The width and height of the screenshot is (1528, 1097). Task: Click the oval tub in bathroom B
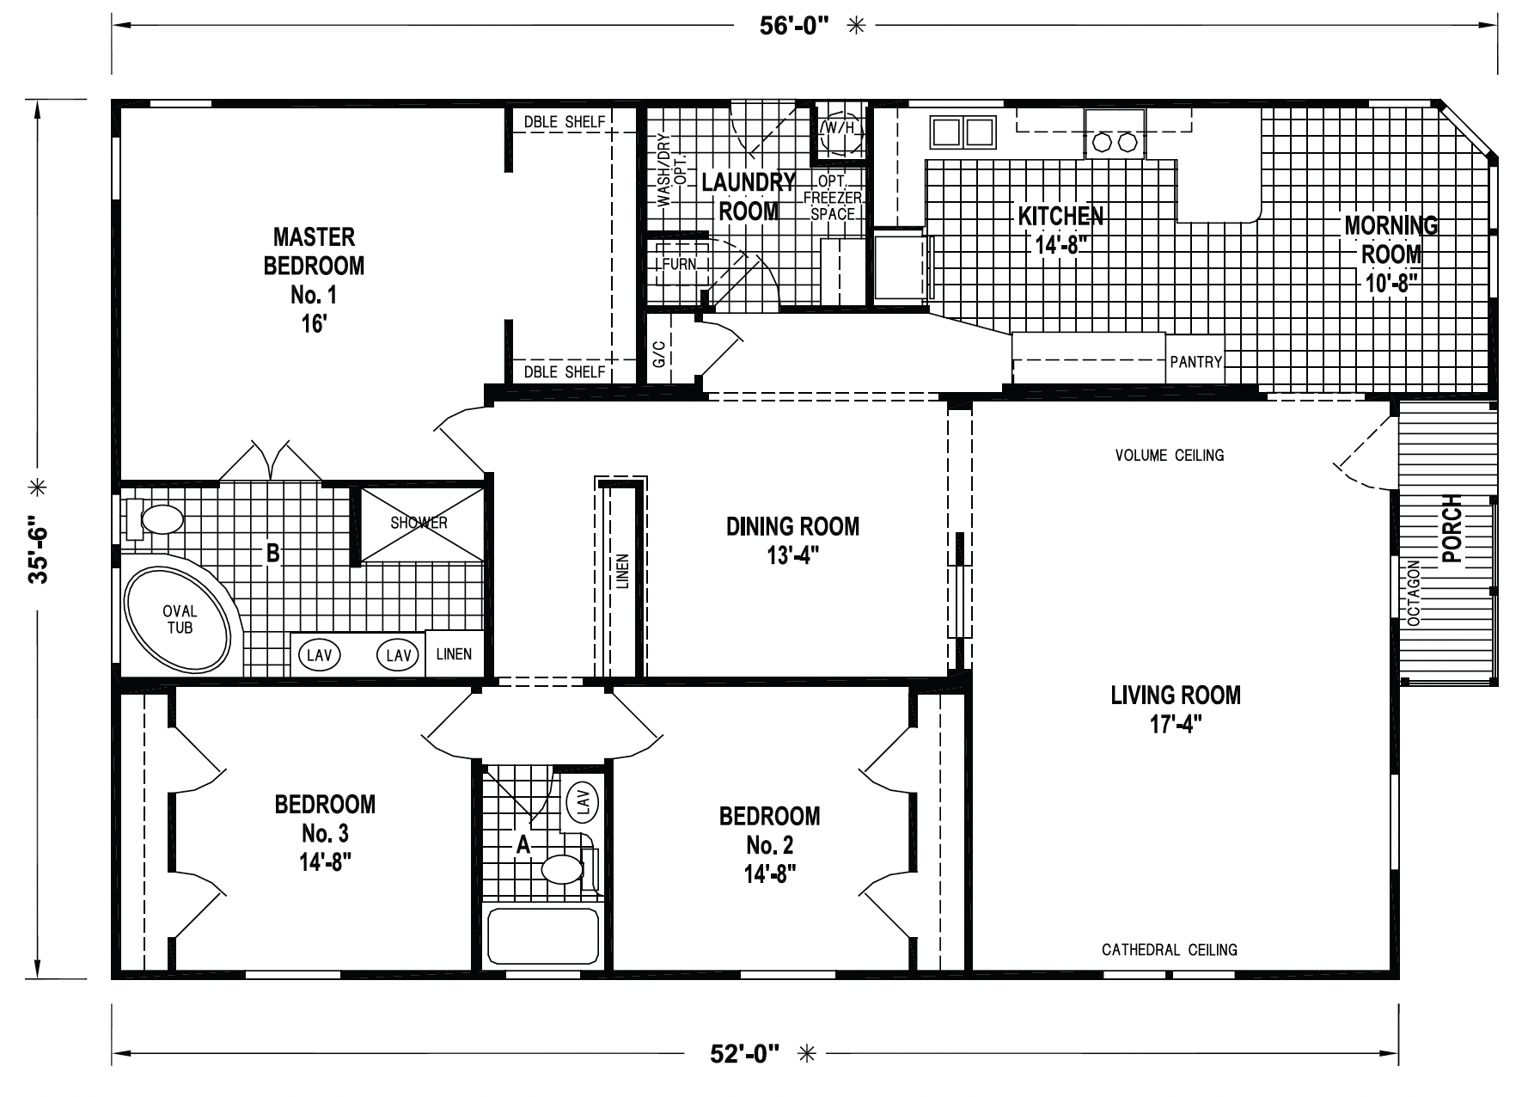[x=179, y=620]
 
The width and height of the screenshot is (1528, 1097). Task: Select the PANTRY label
[x=1195, y=362]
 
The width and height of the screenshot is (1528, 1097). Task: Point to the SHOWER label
[x=419, y=523]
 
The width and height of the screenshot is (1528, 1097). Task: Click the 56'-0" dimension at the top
[x=793, y=26]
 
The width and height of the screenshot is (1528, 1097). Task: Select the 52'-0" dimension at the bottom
[x=744, y=1052]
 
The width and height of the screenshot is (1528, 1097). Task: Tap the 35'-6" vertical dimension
[x=39, y=550]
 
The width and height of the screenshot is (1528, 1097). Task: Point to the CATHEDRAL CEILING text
[x=1170, y=949]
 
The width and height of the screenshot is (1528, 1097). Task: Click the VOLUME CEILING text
[x=1170, y=455]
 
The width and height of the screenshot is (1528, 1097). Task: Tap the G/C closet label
[x=659, y=352]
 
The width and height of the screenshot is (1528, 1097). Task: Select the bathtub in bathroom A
[x=543, y=936]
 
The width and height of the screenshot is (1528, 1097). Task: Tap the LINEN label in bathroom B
[x=454, y=654]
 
